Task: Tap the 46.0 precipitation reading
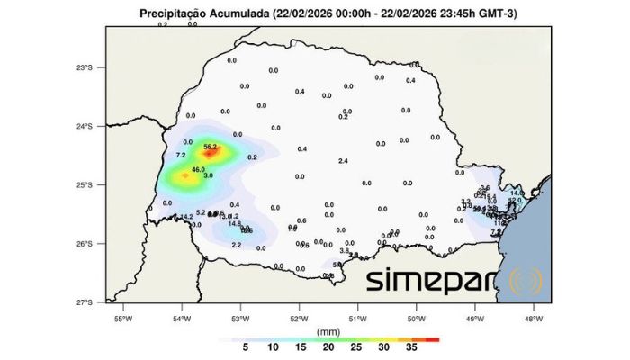point(199,169)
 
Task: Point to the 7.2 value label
point(180,156)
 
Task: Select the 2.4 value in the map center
point(343,160)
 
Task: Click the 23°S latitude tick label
point(85,67)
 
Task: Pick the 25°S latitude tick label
point(85,184)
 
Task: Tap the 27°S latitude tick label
point(85,302)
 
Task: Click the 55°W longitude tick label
point(123,318)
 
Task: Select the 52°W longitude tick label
point(299,318)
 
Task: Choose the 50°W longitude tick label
point(416,318)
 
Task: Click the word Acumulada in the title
point(246,13)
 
